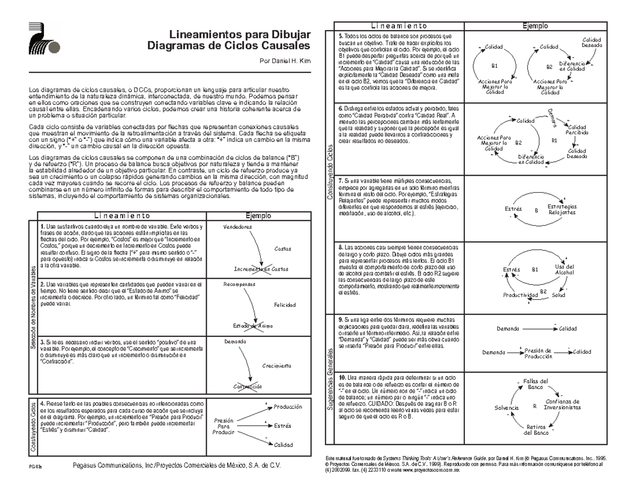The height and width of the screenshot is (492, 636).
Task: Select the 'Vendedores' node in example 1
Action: coord(238,227)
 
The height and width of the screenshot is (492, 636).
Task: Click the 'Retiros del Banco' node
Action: coord(536,430)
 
